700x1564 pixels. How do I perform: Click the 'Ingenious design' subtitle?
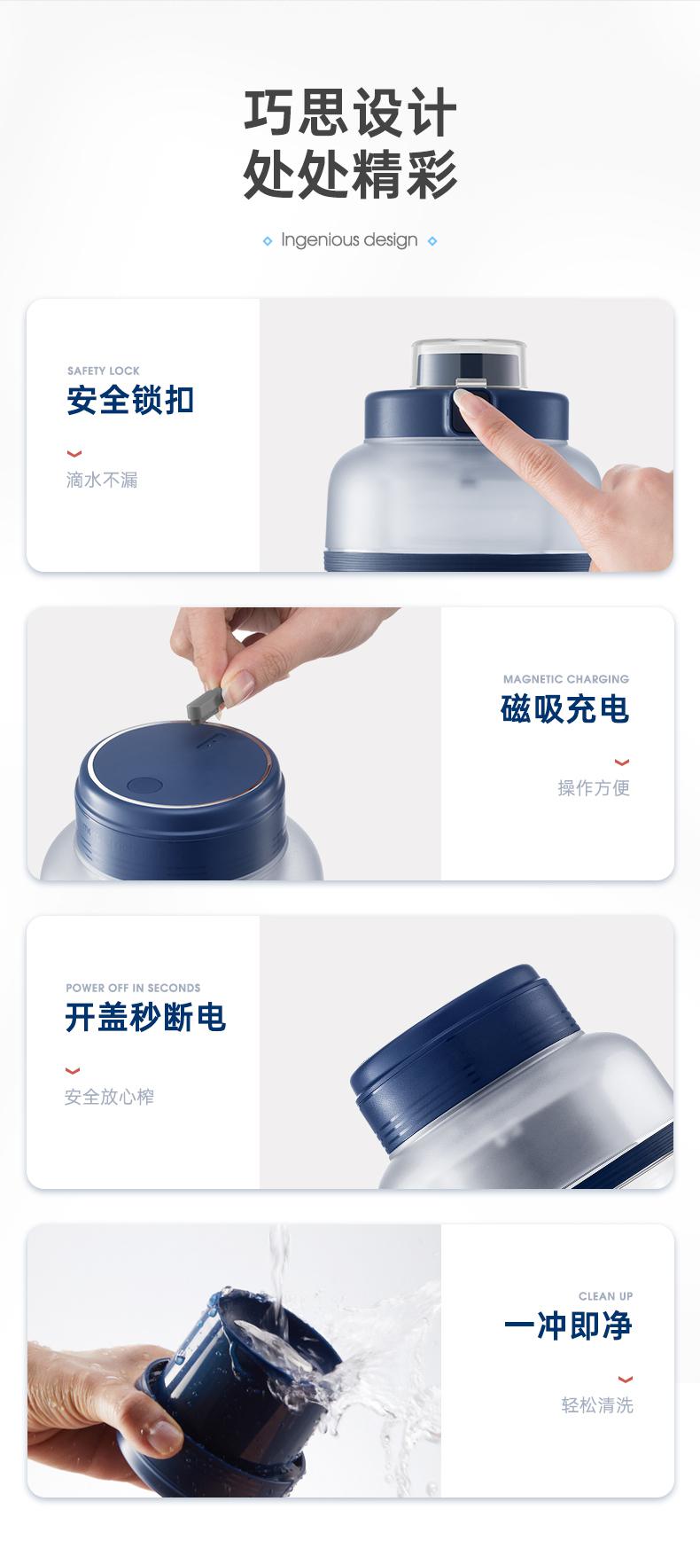(x=349, y=240)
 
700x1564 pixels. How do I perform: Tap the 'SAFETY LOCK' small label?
(x=104, y=371)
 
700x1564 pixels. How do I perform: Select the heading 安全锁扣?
(x=130, y=400)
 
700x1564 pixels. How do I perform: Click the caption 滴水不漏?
(x=102, y=480)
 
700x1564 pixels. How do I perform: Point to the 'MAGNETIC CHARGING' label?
(x=566, y=679)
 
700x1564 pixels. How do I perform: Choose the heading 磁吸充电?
(x=565, y=709)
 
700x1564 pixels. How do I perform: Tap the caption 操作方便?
(x=594, y=788)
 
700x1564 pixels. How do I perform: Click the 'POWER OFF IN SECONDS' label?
(x=133, y=988)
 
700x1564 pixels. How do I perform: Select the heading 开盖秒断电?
(x=146, y=1017)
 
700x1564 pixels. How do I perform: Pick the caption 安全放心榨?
(x=109, y=1097)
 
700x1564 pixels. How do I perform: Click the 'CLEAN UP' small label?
(x=606, y=1296)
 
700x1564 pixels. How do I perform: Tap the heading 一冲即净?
(x=568, y=1326)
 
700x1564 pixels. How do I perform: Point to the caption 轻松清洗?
(x=597, y=1405)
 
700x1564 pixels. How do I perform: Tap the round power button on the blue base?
(x=141, y=786)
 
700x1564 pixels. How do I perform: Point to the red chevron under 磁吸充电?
(x=622, y=762)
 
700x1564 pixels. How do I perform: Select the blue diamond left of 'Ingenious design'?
(x=268, y=241)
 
